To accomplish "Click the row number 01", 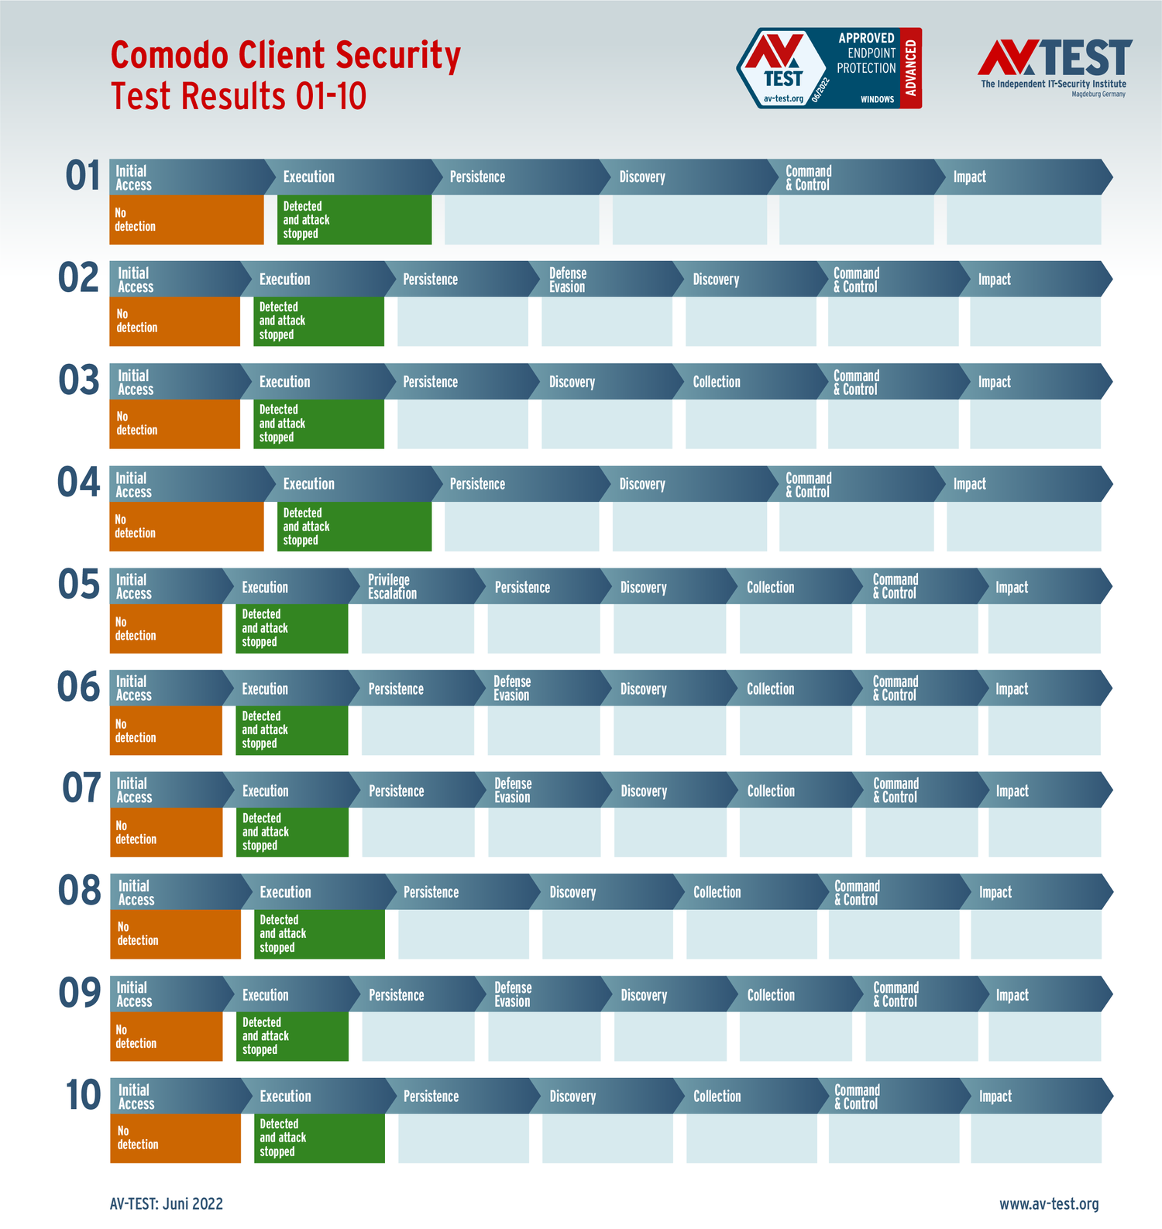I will (83, 176).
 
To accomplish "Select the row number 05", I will (78, 585).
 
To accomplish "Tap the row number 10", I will (83, 1095).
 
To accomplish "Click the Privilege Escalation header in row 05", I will (392, 587).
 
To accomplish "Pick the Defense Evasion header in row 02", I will (568, 280).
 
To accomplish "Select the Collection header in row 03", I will (717, 382).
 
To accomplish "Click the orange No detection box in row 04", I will (186, 527).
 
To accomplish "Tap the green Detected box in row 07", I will (292, 832).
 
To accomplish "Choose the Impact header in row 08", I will (995, 892).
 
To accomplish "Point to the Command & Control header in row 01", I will (809, 177).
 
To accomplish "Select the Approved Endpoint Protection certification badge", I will (828, 68).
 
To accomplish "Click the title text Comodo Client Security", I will (285, 56).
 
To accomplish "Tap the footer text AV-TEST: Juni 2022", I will (167, 1203).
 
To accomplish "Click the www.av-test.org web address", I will (1049, 1203).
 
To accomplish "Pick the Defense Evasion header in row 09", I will (513, 994).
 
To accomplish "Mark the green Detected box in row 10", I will (319, 1138).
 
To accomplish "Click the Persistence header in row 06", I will (396, 689).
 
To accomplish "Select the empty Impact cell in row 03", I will (1035, 424).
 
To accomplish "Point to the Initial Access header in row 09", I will (134, 994).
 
